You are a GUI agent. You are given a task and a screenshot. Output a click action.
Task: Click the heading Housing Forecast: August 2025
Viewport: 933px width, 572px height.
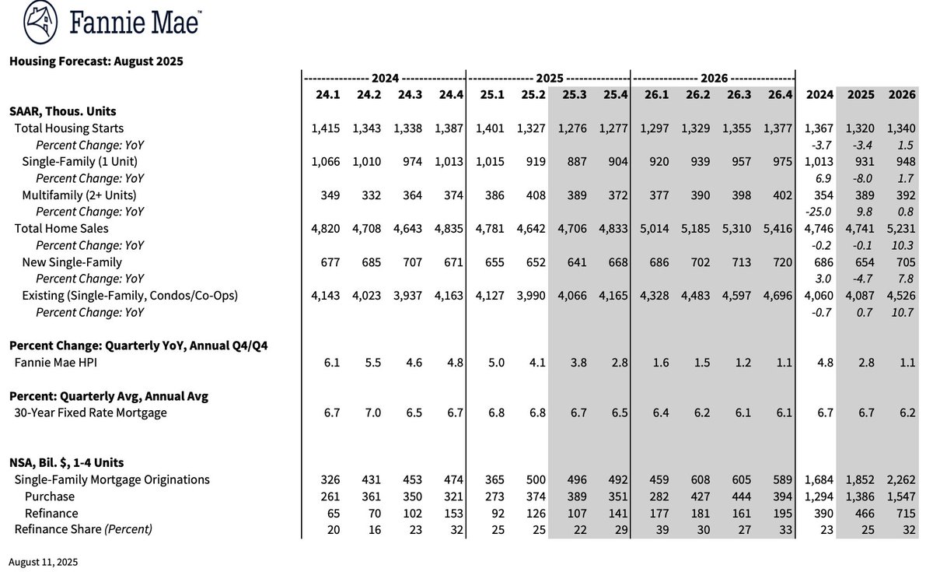point(96,61)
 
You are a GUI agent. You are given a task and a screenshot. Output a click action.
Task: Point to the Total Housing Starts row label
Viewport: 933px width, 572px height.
point(68,128)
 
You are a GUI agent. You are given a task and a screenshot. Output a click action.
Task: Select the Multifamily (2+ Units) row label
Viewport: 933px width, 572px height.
point(79,195)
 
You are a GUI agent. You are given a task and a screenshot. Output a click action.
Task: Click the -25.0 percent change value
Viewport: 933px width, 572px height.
point(819,212)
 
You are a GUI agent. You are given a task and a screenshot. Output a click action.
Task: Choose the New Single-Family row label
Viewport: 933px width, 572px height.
point(72,262)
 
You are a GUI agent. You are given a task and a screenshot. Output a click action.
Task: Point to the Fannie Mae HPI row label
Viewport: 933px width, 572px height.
point(57,362)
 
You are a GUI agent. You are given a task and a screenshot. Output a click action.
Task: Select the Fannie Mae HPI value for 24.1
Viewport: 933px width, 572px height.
point(333,362)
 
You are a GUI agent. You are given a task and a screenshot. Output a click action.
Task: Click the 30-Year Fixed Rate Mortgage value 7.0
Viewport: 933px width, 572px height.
point(373,412)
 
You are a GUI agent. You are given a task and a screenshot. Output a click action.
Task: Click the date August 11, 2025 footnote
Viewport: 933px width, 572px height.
point(44,561)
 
